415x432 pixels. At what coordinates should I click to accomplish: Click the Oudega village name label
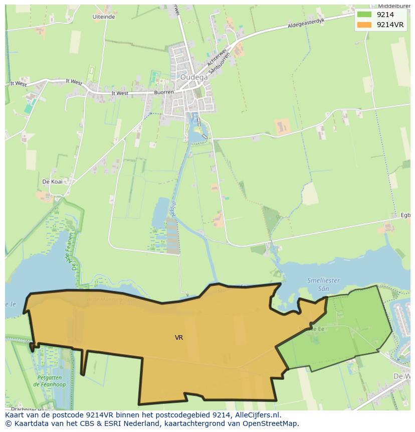[194, 77]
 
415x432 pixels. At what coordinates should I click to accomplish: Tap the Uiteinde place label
[104, 17]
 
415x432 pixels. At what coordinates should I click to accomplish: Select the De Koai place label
[52, 182]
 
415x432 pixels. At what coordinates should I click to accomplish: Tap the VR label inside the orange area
[179, 338]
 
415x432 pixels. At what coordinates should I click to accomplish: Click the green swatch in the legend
[364, 15]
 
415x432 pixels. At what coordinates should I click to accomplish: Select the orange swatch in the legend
[364, 25]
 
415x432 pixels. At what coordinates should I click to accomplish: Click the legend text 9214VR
[390, 25]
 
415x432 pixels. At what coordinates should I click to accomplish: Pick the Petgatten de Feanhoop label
[50, 381]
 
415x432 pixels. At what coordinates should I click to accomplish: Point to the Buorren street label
[164, 93]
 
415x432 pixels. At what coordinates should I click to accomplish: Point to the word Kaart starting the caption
[15, 415]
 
